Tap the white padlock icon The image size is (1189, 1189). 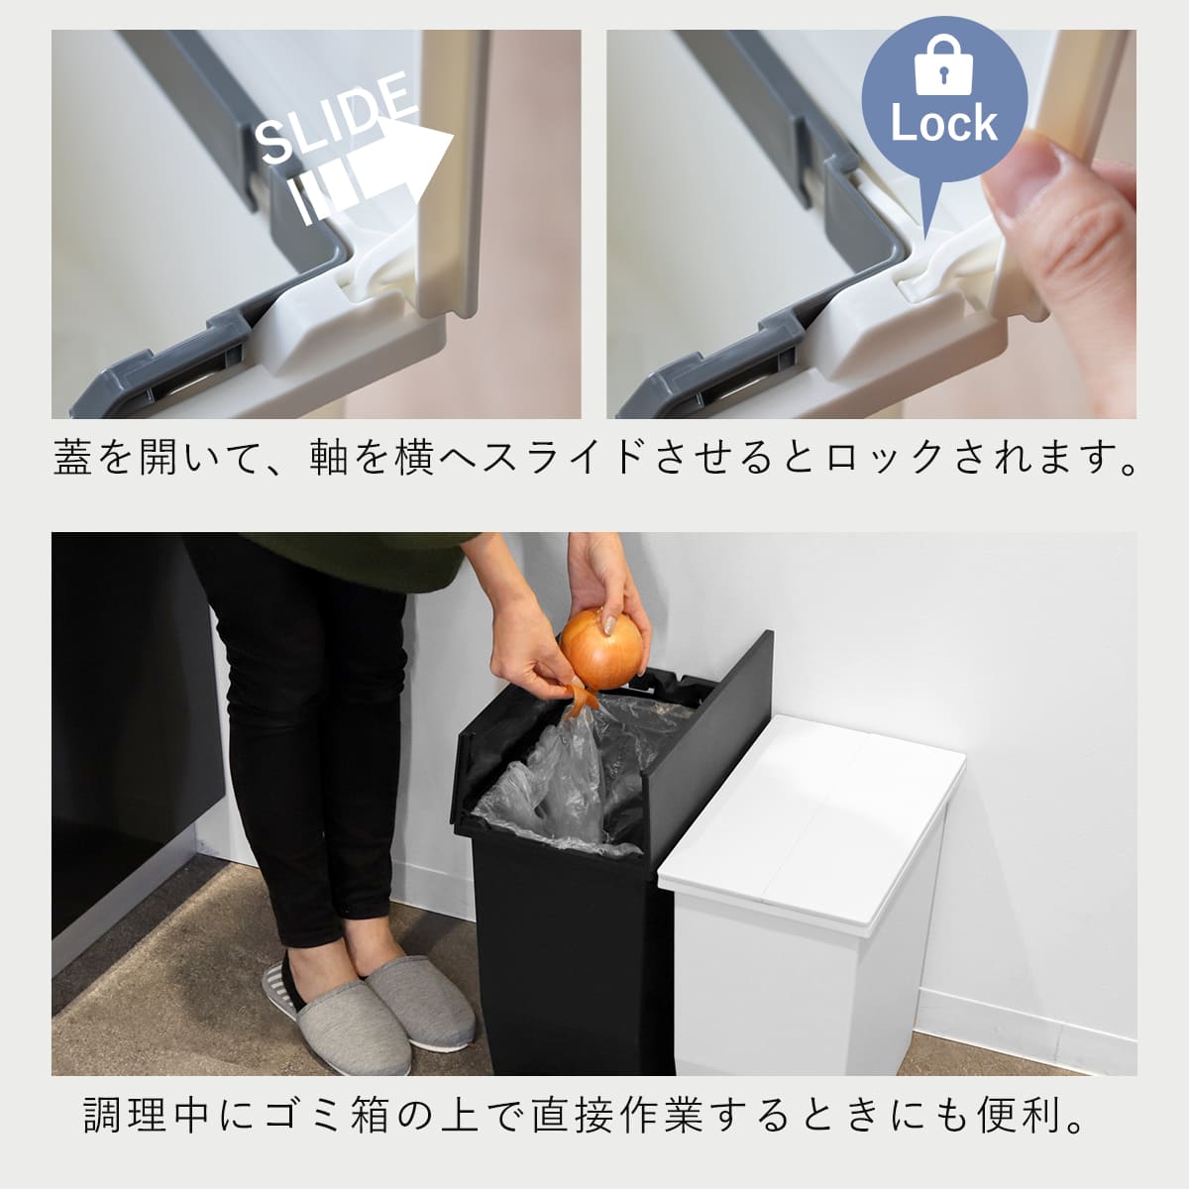(944, 64)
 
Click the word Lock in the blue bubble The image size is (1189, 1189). (944, 124)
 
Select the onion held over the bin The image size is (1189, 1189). (601, 648)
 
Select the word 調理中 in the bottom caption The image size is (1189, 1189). (146, 1115)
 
